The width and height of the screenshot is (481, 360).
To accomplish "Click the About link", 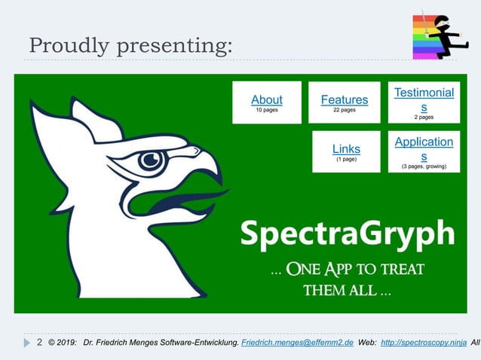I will [266, 99].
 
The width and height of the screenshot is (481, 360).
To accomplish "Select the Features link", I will [344, 99].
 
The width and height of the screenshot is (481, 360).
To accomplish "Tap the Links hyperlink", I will [346, 148].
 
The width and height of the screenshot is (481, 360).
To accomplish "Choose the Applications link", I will [424, 148].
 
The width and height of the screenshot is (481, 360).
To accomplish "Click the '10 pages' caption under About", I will [266, 111].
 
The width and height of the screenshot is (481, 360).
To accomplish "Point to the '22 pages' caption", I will [344, 111].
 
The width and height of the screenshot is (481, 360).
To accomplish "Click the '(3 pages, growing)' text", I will [424, 166].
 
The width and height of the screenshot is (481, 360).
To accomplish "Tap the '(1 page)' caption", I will [346, 160].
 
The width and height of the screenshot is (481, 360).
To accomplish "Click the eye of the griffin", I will [151, 160].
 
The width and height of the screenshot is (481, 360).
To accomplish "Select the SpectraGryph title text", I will [347, 233].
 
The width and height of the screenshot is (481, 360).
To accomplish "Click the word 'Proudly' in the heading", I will [68, 46].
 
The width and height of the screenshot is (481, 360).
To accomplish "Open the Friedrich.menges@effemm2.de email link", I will [298, 343].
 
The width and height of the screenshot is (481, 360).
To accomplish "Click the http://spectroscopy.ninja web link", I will [423, 343].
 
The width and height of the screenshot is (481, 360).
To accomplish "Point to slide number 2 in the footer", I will [39, 342].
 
